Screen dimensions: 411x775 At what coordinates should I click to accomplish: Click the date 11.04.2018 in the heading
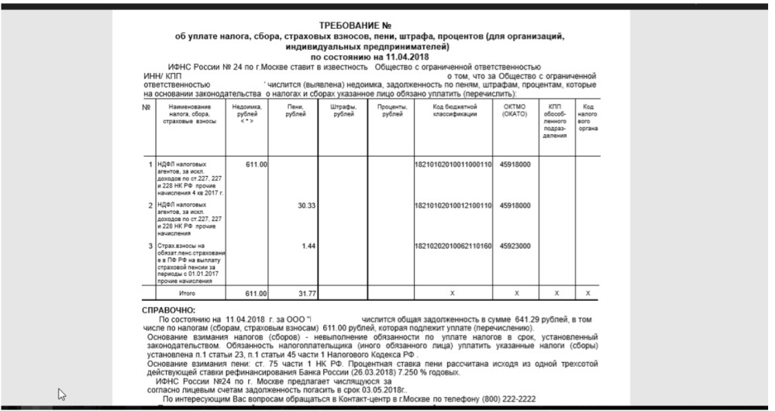pyautogui.click(x=404, y=57)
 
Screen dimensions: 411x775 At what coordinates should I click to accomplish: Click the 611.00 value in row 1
pyautogui.click(x=257, y=164)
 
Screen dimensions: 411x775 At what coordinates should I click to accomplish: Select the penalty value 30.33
pyautogui.click(x=306, y=205)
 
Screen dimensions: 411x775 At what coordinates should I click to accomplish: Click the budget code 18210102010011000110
pyautogui.click(x=454, y=164)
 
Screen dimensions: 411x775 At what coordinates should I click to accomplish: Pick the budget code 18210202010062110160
pyautogui.click(x=454, y=246)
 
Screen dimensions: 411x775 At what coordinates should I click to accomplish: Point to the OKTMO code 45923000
pyautogui.click(x=515, y=246)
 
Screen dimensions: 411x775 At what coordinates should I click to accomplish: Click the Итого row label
pyautogui.click(x=187, y=294)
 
